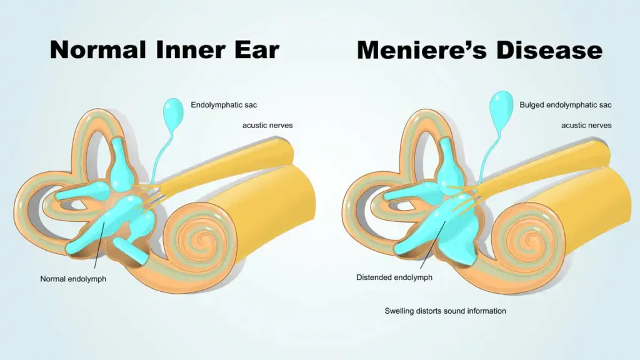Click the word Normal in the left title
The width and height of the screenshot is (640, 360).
(x=97, y=50)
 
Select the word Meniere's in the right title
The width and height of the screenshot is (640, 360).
(x=422, y=50)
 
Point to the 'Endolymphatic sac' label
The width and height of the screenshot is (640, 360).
(x=224, y=105)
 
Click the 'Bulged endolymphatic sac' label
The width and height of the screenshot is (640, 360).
(x=565, y=105)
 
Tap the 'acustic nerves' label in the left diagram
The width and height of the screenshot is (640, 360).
(x=267, y=125)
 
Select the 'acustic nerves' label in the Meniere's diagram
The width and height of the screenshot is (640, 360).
(x=586, y=125)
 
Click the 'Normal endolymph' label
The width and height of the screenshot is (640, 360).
(x=73, y=279)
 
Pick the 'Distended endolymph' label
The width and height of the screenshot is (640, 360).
(x=394, y=277)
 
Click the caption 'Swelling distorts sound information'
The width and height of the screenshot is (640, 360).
(x=445, y=311)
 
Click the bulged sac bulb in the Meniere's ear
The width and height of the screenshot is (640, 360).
(x=501, y=106)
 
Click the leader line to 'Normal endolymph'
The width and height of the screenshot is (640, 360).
(x=99, y=245)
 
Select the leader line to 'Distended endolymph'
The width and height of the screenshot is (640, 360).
(x=432, y=245)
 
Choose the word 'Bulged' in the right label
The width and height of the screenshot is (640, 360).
(x=532, y=105)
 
